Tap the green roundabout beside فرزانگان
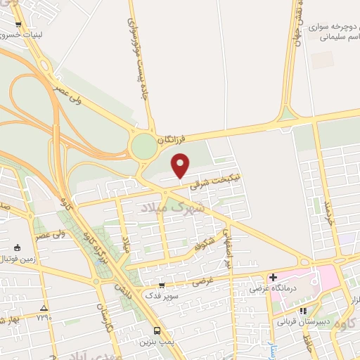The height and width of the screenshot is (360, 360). pos(144,147)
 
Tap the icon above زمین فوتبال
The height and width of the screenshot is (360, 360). pos(15,247)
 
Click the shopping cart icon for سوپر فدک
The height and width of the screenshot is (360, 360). pos(162,285)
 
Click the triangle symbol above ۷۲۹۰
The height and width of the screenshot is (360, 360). pos(44,308)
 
